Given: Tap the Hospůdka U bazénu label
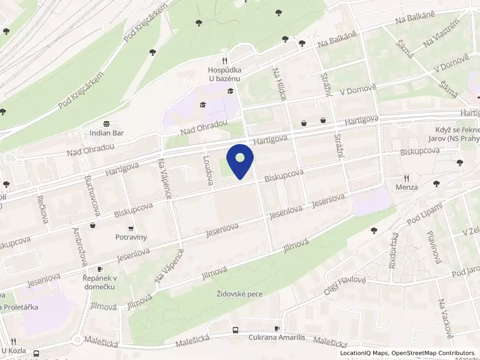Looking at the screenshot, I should pyautogui.click(x=224, y=74).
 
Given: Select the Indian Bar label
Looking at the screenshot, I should pyautogui.click(x=106, y=133).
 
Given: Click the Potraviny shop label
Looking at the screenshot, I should pyautogui.click(x=131, y=237).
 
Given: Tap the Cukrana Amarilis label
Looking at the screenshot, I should pyautogui.click(x=277, y=338).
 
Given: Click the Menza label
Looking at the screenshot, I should pyautogui.click(x=406, y=187).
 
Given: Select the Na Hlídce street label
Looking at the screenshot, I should pyautogui.click(x=280, y=83).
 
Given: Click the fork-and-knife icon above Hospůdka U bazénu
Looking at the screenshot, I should pyautogui.click(x=224, y=60).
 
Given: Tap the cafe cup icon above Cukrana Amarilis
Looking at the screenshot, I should pyautogui.click(x=277, y=328).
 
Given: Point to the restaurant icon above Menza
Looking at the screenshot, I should pyautogui.click(x=406, y=178).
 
